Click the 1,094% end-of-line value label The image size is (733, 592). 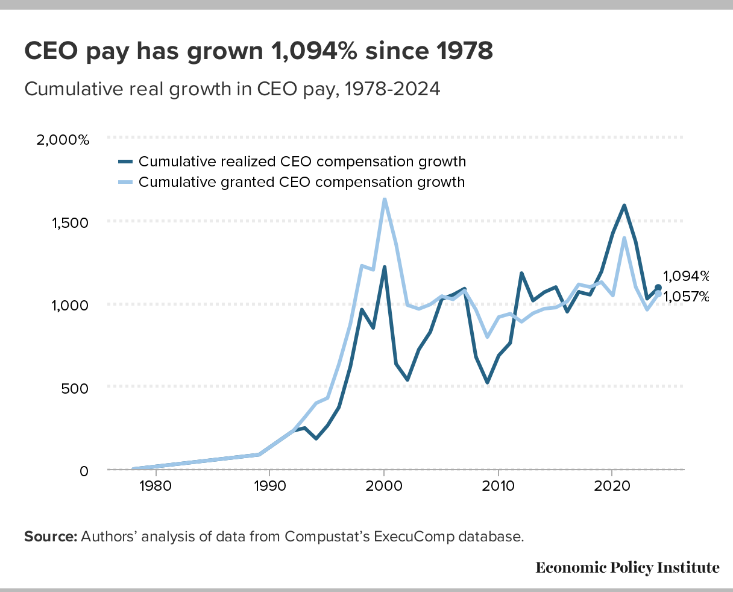pyautogui.click(x=686, y=276)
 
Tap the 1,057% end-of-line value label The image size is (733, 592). pyautogui.click(x=686, y=296)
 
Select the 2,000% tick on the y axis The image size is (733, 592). pyautogui.click(x=63, y=140)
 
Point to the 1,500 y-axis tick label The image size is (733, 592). pyautogui.click(x=69, y=222)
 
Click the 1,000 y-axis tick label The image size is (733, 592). pyautogui.click(x=69, y=305)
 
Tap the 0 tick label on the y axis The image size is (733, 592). pyautogui.click(x=84, y=470)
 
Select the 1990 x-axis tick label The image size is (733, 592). pyautogui.click(x=269, y=486)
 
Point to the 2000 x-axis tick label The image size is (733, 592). pyautogui.click(x=384, y=486)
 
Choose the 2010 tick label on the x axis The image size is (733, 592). pyautogui.click(x=498, y=486)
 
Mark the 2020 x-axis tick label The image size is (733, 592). pyautogui.click(x=612, y=486)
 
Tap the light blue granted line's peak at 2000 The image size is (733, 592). pyautogui.click(x=384, y=199)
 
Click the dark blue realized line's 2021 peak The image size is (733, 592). pyautogui.click(x=624, y=206)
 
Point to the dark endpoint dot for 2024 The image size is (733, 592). pyautogui.click(x=658, y=288)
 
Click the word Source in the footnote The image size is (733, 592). pyautogui.click(x=50, y=537)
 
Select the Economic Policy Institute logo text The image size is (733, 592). pyautogui.click(x=628, y=567)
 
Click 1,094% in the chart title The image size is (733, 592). pyautogui.click(x=310, y=52)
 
